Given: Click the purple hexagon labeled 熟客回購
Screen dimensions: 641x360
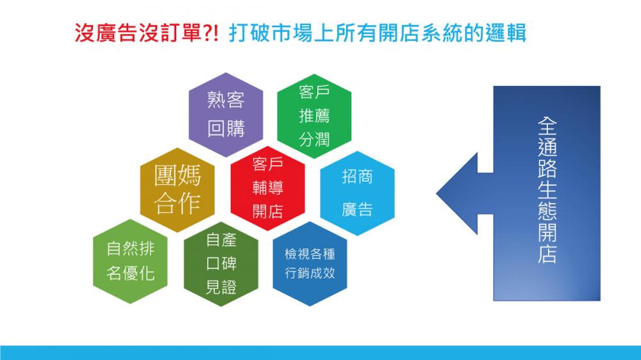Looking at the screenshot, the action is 226,115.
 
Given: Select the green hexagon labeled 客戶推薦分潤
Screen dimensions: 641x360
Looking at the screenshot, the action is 314,116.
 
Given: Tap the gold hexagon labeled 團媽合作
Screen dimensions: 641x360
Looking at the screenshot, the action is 178,190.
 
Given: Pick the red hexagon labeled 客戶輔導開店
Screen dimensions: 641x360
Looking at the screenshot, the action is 268,188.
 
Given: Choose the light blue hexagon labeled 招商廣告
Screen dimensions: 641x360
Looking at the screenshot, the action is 357,193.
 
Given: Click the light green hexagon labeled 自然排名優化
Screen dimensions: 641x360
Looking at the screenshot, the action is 130,261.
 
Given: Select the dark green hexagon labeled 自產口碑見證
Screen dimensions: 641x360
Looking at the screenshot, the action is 221,264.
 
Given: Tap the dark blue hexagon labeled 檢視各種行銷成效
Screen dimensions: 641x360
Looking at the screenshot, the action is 310,264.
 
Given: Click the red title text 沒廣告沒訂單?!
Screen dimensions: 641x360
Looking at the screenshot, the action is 147,33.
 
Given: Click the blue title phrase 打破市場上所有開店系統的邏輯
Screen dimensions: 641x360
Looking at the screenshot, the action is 378,33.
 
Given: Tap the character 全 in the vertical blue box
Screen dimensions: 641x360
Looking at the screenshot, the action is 547,126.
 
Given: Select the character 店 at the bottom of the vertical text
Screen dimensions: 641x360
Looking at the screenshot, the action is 547,254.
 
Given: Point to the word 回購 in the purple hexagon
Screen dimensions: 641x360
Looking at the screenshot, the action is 226,129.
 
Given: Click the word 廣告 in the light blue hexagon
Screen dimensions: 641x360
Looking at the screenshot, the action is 357,209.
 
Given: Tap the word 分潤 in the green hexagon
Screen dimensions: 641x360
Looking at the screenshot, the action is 314,140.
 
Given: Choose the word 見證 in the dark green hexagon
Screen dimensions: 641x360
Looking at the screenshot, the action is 221,288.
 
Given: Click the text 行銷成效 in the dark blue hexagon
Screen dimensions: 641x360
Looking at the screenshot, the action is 310,273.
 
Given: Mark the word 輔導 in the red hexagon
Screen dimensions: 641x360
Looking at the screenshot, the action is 268,188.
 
